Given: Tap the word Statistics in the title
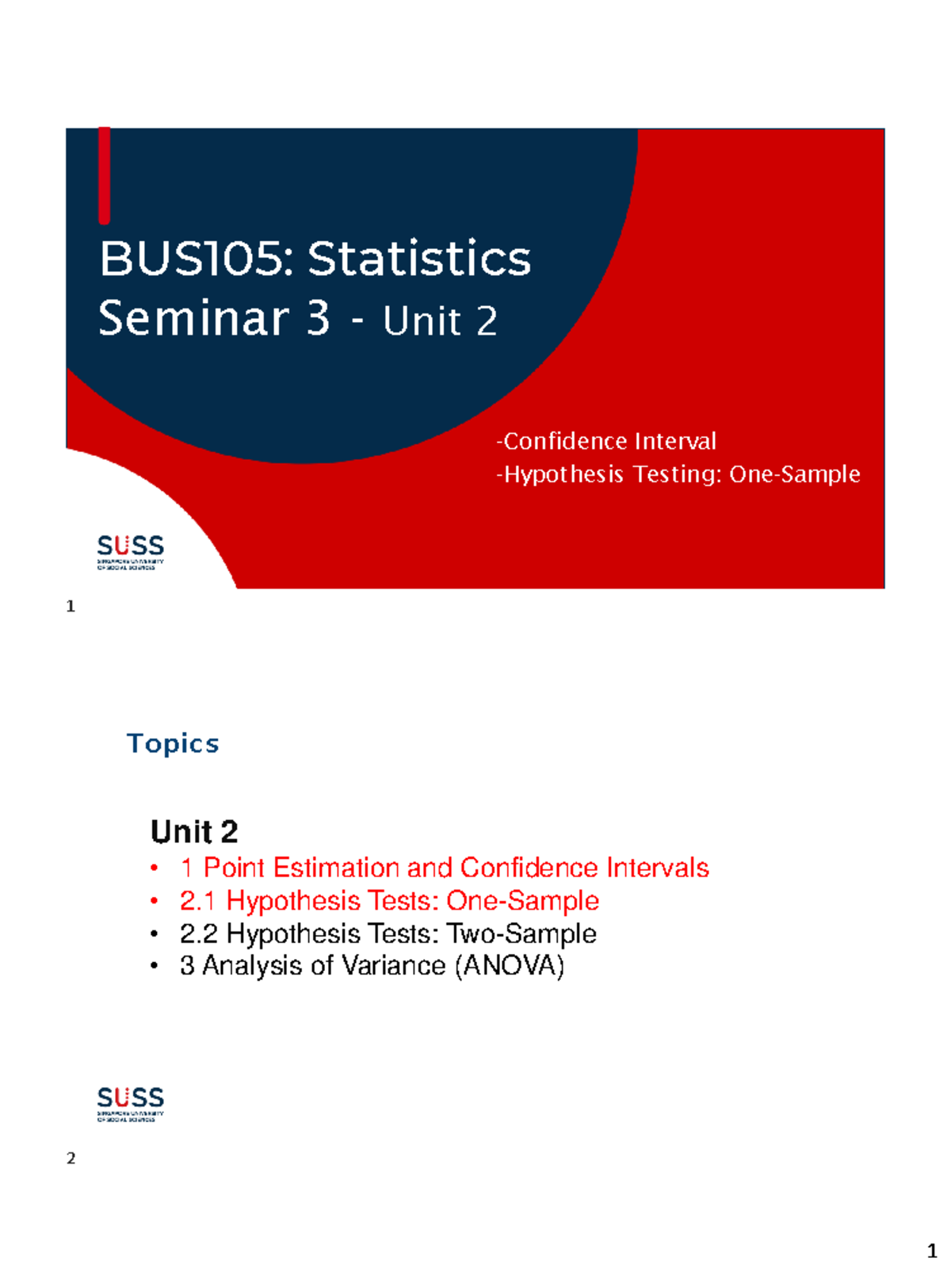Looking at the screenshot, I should [x=419, y=259].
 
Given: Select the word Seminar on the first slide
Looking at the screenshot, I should [x=194, y=319].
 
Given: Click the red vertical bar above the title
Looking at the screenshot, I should [x=104, y=175].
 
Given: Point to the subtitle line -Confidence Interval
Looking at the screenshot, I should [x=606, y=441].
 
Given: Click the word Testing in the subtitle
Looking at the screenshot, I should [x=678, y=474].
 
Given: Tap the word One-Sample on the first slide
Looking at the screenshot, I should [x=795, y=474].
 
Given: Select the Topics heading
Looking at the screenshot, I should [x=173, y=744].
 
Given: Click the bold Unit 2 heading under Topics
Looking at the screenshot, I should [x=194, y=832].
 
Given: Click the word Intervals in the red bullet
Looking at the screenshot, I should [x=658, y=868].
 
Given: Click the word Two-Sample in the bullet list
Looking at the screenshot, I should [x=521, y=934].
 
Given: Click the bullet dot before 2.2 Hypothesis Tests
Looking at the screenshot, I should [x=155, y=934].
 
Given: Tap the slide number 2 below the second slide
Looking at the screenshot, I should [x=71, y=1159].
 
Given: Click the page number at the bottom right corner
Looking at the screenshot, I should [x=932, y=1252].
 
